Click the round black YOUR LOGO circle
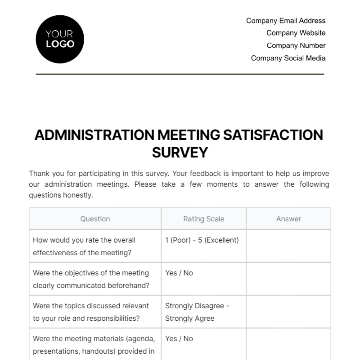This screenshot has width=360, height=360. pyautogui.click(x=60, y=39)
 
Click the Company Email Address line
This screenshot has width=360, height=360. pyautogui.click(x=286, y=21)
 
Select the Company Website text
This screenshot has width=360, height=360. pyautogui.click(x=296, y=33)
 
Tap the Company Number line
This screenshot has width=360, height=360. pyautogui.click(x=296, y=46)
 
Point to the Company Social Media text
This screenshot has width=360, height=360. pyautogui.click(x=288, y=58)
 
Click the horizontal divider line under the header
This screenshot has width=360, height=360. pyautogui.click(x=180, y=74)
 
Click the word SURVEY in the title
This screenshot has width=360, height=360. pyautogui.click(x=180, y=152)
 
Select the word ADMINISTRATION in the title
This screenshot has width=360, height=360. pyautogui.click(x=94, y=135)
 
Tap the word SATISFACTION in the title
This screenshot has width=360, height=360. pyautogui.click(x=273, y=135)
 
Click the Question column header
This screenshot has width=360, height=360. pyautogui.click(x=95, y=219)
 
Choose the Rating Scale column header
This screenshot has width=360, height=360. pyautogui.click(x=204, y=219)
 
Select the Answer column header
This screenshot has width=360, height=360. pyautogui.click(x=289, y=219)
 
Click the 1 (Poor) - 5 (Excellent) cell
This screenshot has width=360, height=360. pyautogui.click(x=202, y=240)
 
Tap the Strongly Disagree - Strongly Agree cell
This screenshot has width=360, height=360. pyautogui.click(x=197, y=312)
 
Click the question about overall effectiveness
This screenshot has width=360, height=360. pyautogui.click(x=84, y=246)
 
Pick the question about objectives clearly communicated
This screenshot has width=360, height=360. pyautogui.click(x=91, y=279)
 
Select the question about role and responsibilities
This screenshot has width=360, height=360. pyautogui.click(x=91, y=312)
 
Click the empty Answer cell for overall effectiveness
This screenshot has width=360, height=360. pyautogui.click(x=289, y=246)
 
